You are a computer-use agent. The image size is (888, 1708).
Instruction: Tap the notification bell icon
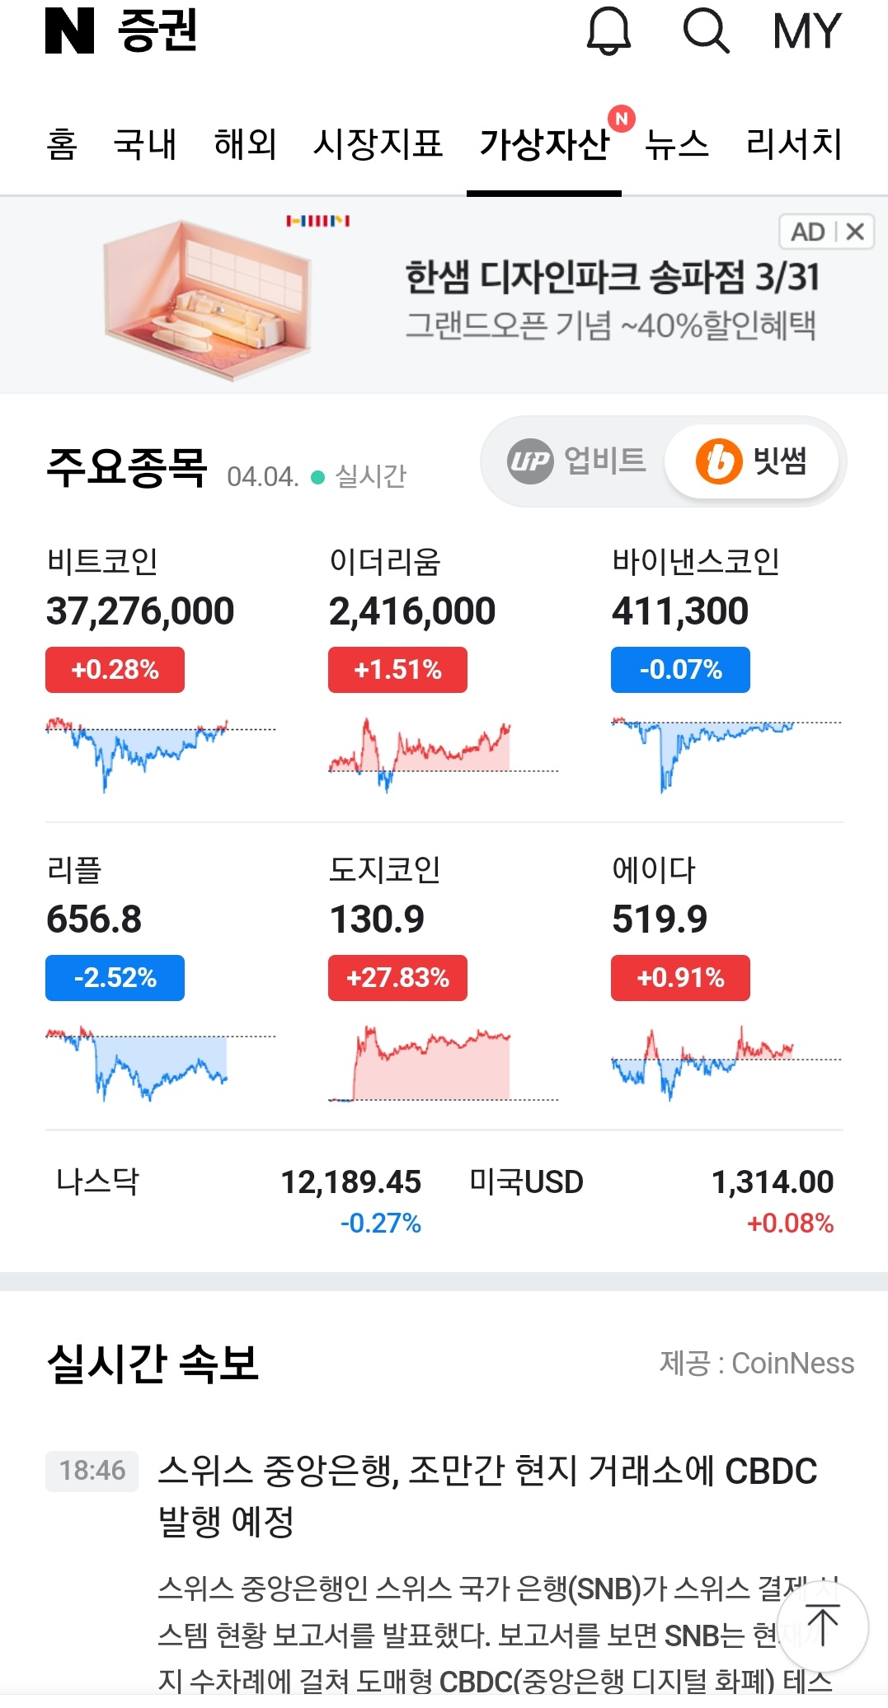(608, 31)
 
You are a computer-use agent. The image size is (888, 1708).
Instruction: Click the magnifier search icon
(706, 31)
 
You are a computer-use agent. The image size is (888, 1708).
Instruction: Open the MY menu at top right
(806, 31)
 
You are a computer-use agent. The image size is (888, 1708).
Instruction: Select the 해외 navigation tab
(245, 144)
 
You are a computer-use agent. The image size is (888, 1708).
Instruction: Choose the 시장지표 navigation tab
(378, 144)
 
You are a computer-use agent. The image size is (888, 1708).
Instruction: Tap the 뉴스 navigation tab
(677, 144)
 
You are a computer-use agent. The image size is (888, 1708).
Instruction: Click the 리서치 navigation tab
(793, 144)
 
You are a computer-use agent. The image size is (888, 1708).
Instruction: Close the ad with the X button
(856, 232)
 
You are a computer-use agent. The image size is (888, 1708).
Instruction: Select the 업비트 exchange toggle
(576, 461)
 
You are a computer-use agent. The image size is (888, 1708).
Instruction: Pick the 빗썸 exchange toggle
(752, 461)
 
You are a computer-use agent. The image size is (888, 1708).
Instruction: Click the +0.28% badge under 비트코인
(115, 669)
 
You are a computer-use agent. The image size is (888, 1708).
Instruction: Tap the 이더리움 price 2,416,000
(412, 611)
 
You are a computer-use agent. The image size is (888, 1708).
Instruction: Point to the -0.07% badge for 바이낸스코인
(680, 669)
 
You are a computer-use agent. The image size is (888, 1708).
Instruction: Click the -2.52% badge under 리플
(115, 977)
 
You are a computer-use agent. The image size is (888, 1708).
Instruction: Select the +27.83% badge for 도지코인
(397, 977)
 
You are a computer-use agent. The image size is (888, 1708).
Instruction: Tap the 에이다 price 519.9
(660, 920)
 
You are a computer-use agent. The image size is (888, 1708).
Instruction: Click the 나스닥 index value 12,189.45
(351, 1182)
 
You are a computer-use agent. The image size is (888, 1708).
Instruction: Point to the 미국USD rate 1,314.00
(773, 1182)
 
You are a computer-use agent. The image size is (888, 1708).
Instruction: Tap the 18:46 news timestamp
(92, 1470)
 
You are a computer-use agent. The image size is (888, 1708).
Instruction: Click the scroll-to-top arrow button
(822, 1626)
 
